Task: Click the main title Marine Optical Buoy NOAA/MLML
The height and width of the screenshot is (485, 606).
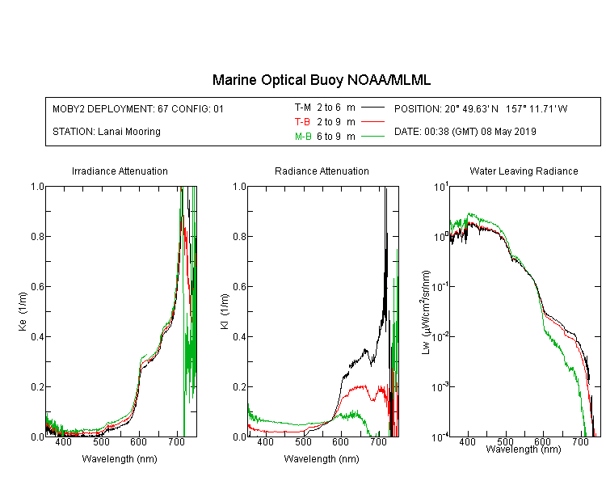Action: [322, 80]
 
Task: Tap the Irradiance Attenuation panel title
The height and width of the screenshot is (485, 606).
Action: [120, 171]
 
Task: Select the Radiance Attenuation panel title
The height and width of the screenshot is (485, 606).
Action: [322, 171]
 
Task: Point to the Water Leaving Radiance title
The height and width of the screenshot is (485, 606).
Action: [524, 171]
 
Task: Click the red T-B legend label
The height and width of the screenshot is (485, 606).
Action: [302, 122]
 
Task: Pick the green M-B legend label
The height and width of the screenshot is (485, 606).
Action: [303, 136]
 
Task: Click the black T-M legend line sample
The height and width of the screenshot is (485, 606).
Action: [372, 108]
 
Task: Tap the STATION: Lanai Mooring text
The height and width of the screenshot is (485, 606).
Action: [107, 132]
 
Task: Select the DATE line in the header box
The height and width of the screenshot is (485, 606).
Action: [465, 132]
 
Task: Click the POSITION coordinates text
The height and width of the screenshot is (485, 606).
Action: [481, 108]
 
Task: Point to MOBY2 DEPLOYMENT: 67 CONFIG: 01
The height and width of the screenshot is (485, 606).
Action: [138, 108]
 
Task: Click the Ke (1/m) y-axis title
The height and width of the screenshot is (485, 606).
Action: [23, 311]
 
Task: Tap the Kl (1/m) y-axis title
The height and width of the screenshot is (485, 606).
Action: [225, 311]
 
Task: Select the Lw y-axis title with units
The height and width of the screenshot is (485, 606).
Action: [425, 312]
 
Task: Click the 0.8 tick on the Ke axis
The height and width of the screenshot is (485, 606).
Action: [37, 236]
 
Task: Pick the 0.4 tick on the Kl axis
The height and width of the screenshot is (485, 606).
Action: [239, 336]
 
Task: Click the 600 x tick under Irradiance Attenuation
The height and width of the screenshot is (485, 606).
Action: [138, 441]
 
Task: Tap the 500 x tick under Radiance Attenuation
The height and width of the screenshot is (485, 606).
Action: [303, 441]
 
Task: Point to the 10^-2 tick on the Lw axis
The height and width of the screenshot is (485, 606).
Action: [440, 335]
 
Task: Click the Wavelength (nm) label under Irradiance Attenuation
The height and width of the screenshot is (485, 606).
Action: [120, 458]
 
